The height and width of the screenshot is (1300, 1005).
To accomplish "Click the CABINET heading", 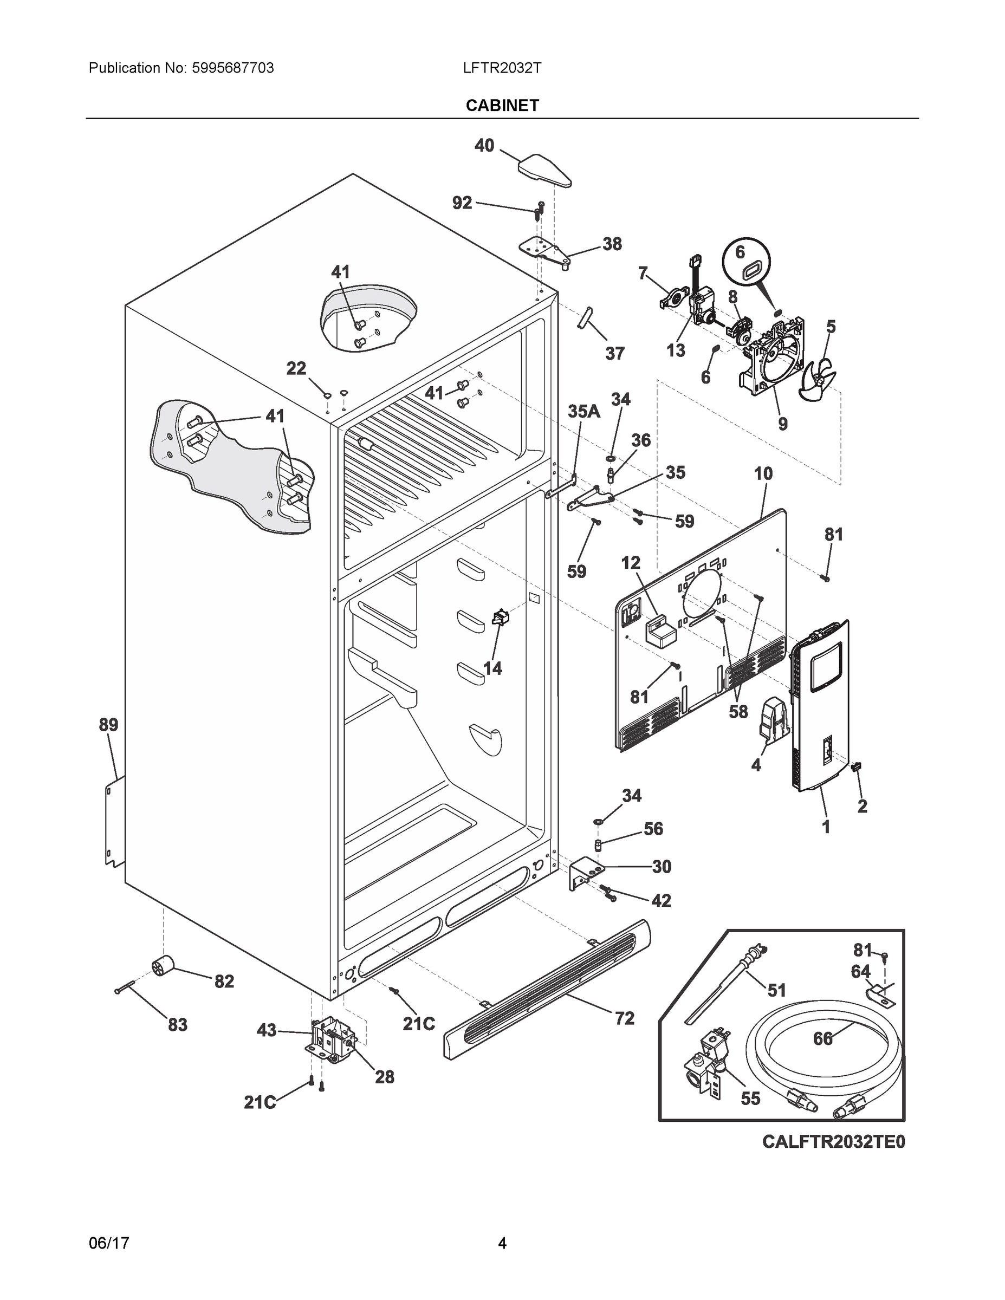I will coord(502,106).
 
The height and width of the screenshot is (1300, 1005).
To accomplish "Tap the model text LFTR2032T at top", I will coord(502,68).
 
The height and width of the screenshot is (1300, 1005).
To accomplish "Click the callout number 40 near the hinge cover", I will coord(484,145).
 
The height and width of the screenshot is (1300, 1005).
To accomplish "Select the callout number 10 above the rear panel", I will coord(763,474).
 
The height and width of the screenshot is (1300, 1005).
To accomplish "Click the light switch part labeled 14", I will coord(500,618).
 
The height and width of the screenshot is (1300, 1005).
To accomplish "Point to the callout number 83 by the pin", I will coord(177,1025).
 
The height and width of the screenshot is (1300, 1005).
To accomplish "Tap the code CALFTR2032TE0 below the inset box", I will coord(834,1141).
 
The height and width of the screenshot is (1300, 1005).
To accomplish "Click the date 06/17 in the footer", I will coord(109,1244).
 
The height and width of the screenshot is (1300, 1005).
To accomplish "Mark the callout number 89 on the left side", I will coord(108,725).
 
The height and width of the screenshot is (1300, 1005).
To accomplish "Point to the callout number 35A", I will coord(583,411).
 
